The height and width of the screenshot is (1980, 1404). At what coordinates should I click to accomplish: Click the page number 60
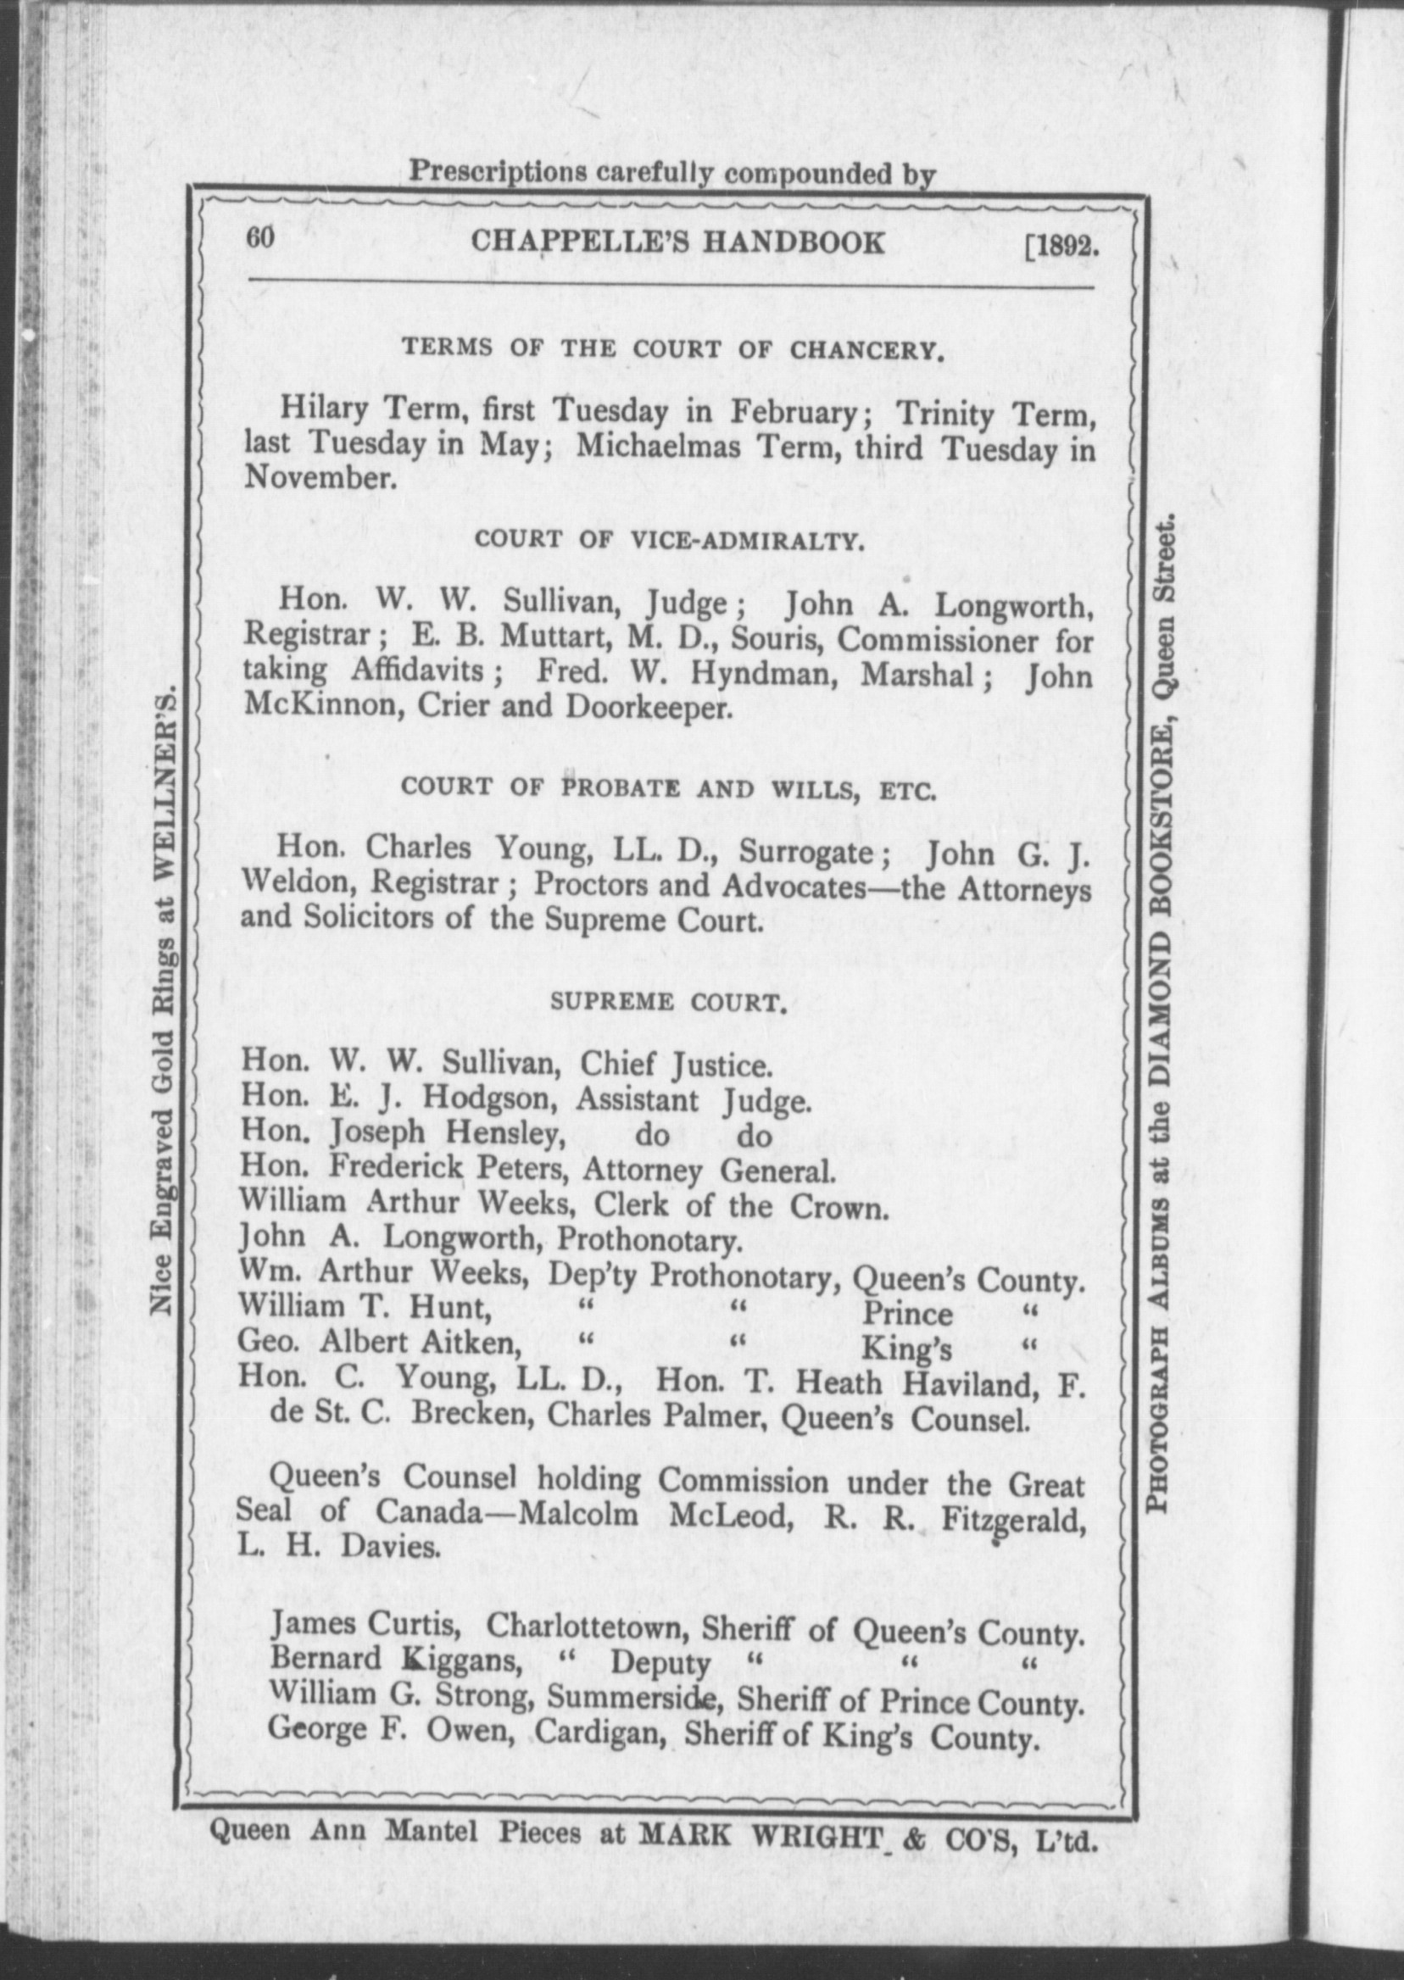coord(259,237)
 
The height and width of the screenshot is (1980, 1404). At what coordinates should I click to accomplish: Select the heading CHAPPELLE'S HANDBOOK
coord(677,243)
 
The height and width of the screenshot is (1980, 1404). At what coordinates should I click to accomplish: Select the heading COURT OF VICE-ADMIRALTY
coord(669,541)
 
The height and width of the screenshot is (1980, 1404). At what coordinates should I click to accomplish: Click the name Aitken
coord(471,1344)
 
